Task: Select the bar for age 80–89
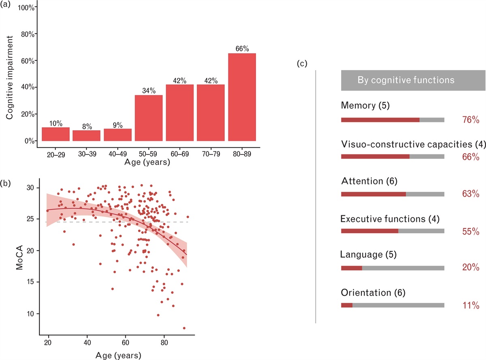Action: tap(242, 97)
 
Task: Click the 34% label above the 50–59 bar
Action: tap(149, 91)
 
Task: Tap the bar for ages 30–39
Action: tap(86, 135)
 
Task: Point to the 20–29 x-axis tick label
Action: tap(55, 154)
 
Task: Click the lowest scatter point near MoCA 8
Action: tap(184, 328)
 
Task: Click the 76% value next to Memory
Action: tap(471, 120)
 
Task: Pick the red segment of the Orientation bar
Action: tap(347, 305)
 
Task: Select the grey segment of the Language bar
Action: tap(403, 268)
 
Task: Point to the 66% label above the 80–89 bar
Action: tap(242, 49)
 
